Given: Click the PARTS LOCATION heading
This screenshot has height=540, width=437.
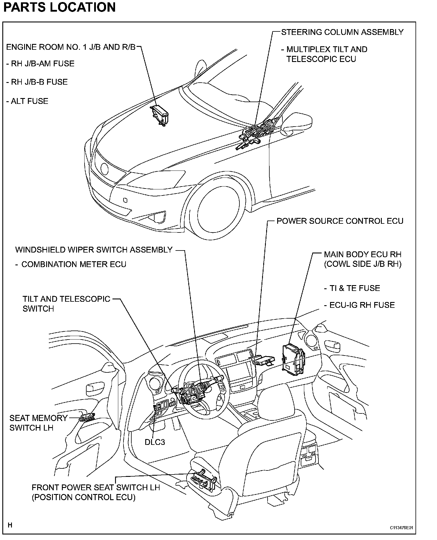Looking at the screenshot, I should (59, 7).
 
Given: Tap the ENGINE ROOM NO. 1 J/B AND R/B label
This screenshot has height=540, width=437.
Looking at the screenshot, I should (71, 47).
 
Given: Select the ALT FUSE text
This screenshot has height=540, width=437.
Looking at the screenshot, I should (27, 101).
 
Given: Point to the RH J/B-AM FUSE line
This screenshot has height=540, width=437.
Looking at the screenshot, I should (40, 64).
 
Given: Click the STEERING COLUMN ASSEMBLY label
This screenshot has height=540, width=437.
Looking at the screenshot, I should (342, 32).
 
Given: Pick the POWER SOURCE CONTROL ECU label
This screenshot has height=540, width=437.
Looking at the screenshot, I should (340, 221).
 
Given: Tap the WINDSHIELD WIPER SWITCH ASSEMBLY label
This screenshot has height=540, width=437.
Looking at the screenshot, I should (94, 250).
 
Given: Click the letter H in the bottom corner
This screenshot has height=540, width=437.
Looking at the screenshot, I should (10, 525).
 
